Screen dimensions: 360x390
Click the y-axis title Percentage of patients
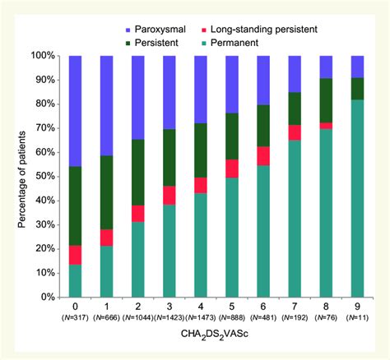(x=13, y=177)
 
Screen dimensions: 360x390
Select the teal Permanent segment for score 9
(x=357, y=198)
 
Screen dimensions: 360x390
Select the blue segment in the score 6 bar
(x=263, y=81)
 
